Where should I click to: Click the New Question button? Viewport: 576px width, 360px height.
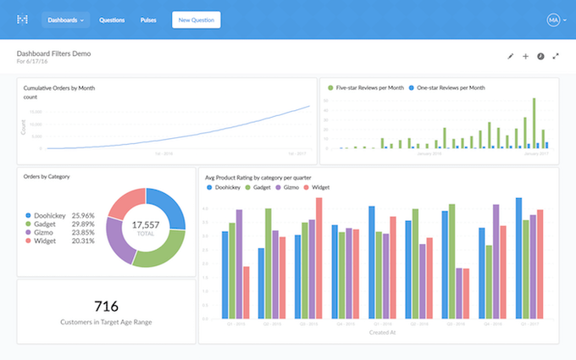[196, 19]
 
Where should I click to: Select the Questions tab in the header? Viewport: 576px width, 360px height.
[112, 19]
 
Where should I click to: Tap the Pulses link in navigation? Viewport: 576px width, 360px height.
[148, 19]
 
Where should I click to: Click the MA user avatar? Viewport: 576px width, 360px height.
[553, 19]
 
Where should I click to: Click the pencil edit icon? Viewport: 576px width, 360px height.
[510, 56]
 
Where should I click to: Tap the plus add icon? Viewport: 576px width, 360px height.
[525, 56]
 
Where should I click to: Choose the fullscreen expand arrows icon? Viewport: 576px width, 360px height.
[556, 56]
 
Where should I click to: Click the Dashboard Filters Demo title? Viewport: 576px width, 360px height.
[53, 53]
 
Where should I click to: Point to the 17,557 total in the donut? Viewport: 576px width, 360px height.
[146, 225]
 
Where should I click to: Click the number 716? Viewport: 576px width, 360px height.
[106, 307]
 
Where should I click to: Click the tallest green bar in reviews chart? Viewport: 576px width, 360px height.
[534, 123]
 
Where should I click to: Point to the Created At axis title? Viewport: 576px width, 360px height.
[378, 333]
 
